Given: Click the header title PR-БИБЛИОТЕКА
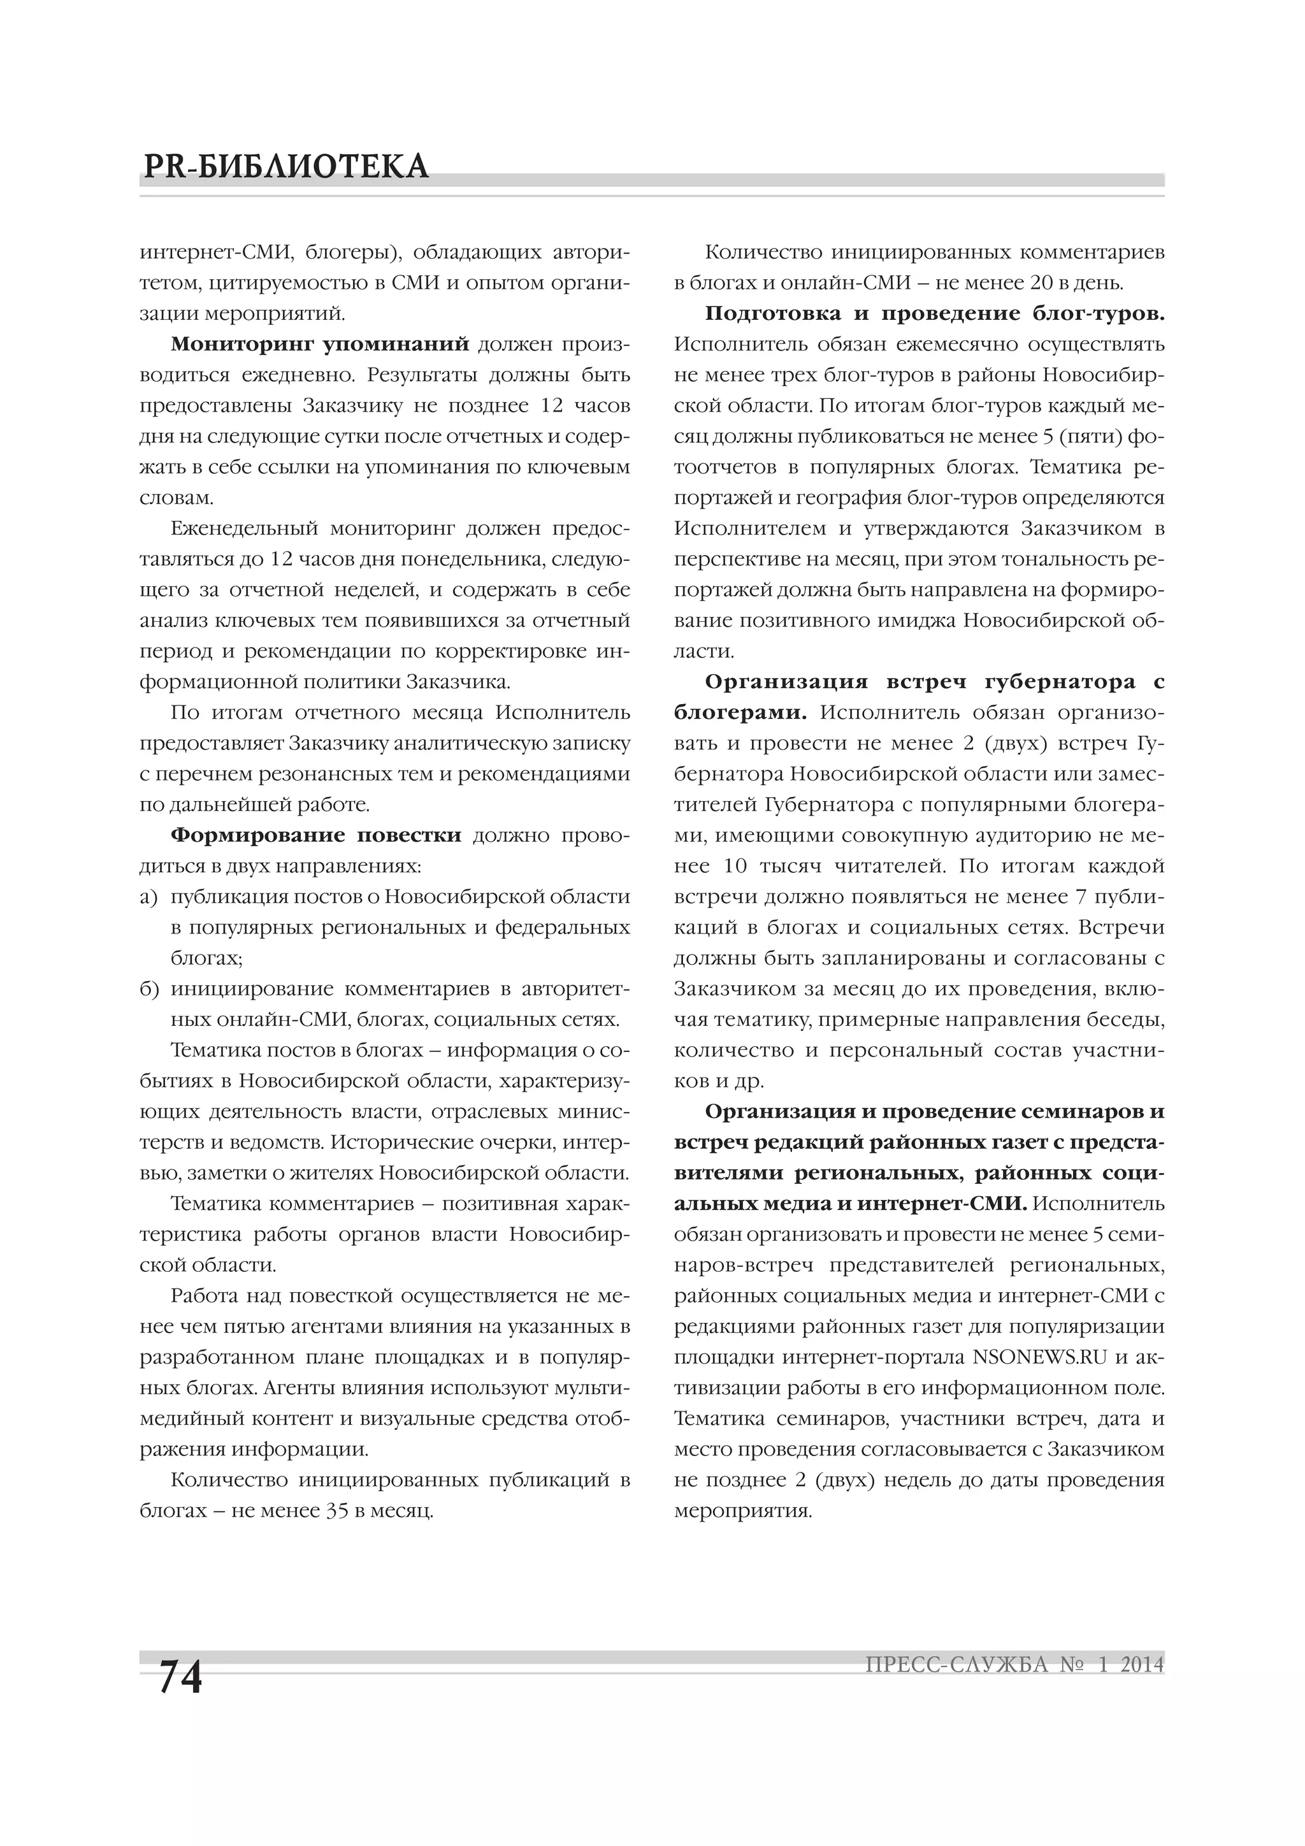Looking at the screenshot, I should (x=285, y=166).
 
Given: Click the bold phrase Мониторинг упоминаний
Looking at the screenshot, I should (x=319, y=345).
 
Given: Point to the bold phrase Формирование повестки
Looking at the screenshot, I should (x=316, y=835).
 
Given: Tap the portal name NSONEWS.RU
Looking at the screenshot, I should (x=1039, y=1357).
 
